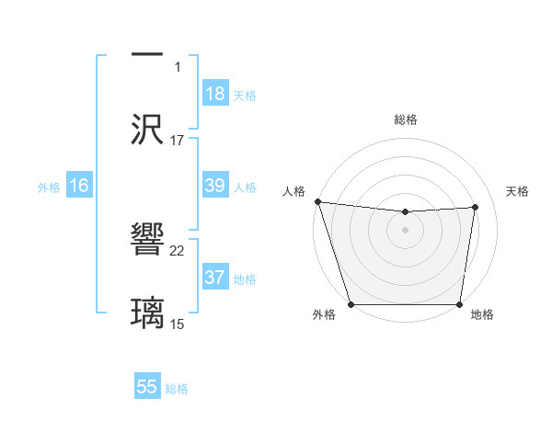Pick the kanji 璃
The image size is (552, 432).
click(147, 311)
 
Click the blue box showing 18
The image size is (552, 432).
click(215, 94)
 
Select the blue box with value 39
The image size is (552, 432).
click(215, 186)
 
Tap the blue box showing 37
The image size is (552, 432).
click(215, 278)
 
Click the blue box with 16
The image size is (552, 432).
click(79, 186)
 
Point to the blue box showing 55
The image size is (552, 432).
click(147, 387)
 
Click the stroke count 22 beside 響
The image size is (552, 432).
click(178, 250)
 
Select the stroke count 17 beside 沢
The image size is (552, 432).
click(178, 140)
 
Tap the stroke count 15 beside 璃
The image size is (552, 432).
click(178, 323)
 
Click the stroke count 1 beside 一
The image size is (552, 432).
click(178, 67)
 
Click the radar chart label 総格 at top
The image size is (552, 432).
click(406, 119)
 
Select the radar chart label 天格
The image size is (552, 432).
click(517, 191)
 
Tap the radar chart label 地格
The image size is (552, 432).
click(482, 315)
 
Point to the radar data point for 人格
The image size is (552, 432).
click(317, 201)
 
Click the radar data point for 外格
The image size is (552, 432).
click(351, 304)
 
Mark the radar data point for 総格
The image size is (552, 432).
click(406, 212)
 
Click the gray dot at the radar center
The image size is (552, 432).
click(406, 229)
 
